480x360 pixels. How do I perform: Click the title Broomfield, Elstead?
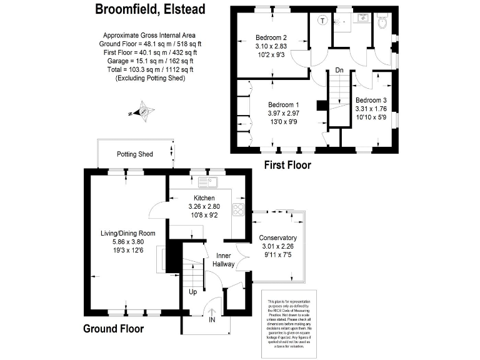coord(149,9)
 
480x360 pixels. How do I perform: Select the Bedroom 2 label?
coord(271,37)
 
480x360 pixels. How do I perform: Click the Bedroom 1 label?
coord(284,104)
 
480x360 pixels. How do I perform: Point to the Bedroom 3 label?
coord(371,100)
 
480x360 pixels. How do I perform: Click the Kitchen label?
coord(204,197)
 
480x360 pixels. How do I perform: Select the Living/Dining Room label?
coord(127,233)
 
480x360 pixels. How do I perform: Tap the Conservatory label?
coord(277,238)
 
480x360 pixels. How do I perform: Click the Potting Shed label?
coord(135,154)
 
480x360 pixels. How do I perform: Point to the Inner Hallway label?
coord(224,259)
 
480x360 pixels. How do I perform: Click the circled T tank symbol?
coord(322,19)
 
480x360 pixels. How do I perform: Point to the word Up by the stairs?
coord(193,291)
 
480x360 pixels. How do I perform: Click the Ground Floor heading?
coord(114,329)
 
